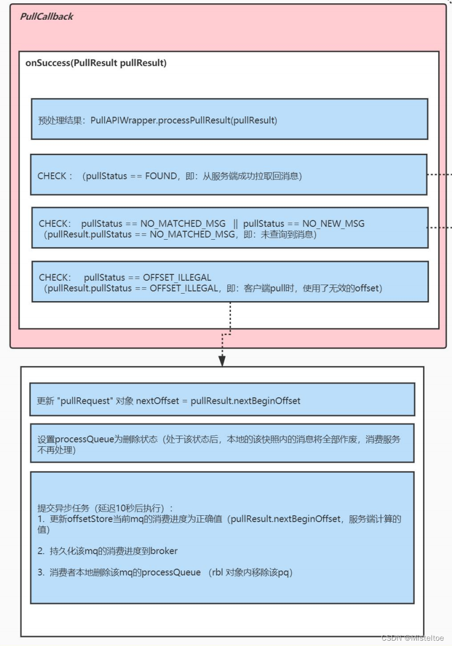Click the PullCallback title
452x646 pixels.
point(46,17)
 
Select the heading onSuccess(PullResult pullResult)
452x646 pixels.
point(96,63)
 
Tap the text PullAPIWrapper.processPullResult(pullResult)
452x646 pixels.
point(184,120)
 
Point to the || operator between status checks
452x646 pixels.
point(235,224)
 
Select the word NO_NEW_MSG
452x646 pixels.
point(334,224)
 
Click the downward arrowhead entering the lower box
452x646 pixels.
point(222,361)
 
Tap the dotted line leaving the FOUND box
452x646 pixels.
point(440,174)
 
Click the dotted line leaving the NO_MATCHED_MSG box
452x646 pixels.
point(440,228)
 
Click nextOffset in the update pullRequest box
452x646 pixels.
point(157,400)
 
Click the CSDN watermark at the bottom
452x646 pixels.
point(413,639)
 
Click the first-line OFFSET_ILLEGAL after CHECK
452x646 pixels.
point(177,278)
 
